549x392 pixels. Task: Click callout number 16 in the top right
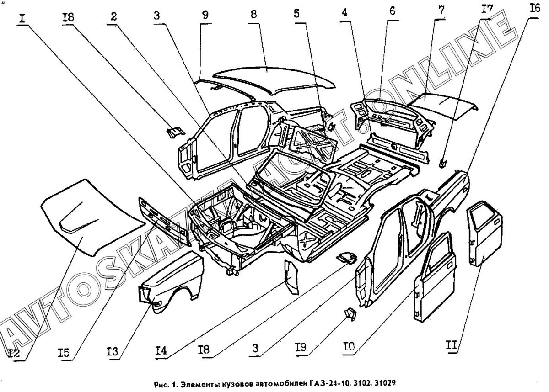534,8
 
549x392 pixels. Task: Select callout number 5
297,14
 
